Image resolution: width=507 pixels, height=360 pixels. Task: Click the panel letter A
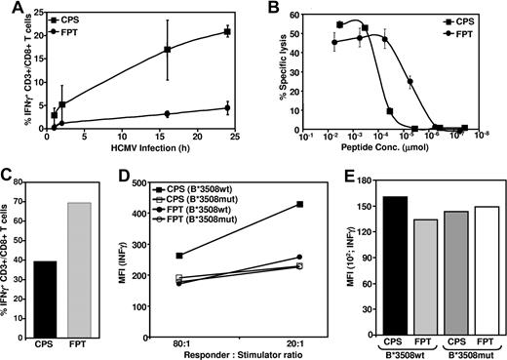(x=8, y=9)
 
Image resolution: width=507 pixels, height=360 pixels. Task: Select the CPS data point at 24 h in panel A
(x=227, y=32)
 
